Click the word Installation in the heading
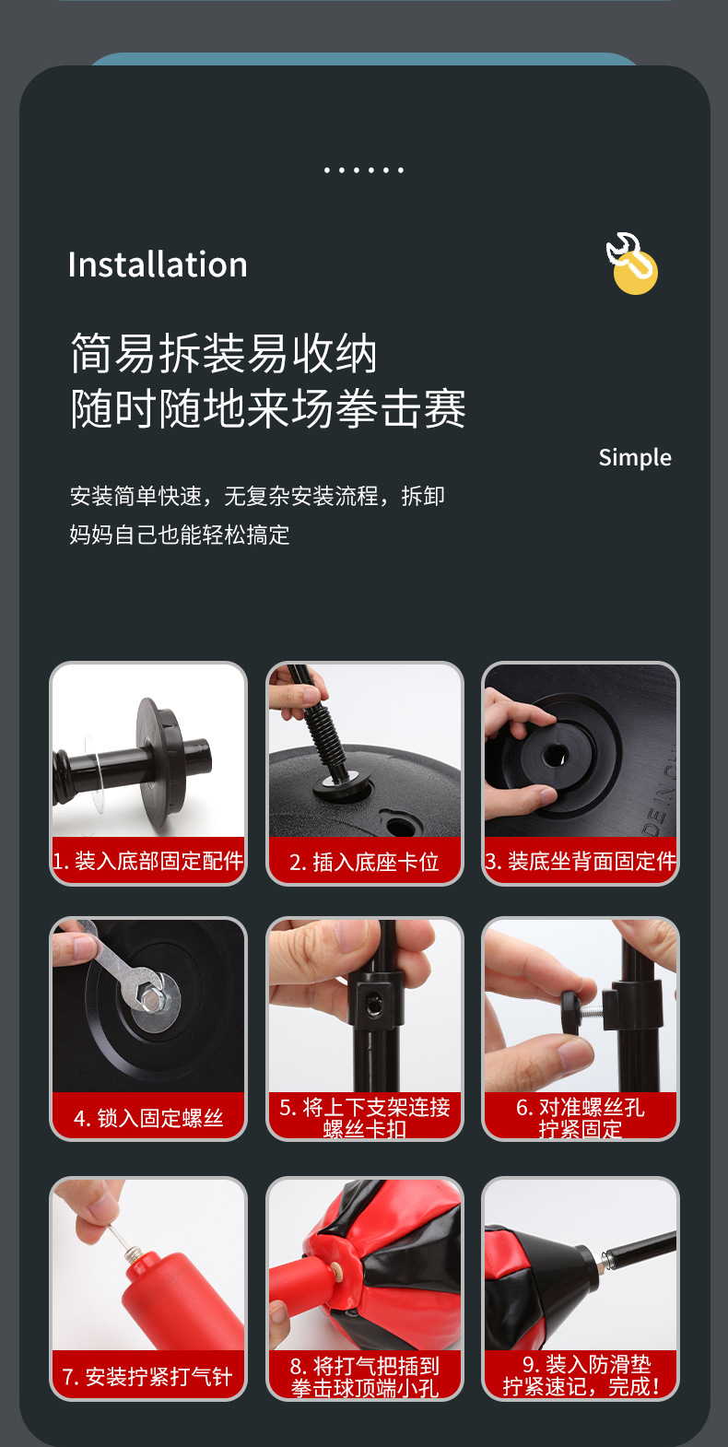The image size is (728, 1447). coord(158,265)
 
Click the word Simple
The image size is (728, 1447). coord(634,457)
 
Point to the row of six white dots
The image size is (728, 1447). coord(364,171)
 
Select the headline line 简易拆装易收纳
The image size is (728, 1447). coord(224,354)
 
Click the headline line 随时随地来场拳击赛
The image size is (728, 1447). coord(268,408)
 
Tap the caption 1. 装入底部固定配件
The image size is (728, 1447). coord(148,861)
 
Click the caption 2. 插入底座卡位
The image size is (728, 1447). coord(364,862)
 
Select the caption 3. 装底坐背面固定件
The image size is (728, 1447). coord(581,861)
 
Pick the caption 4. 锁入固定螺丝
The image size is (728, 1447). coord(148,1118)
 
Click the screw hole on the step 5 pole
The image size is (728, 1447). coord(374,1006)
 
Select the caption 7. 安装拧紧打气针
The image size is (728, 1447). coord(147,1376)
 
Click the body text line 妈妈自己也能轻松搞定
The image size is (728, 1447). coord(180,535)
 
